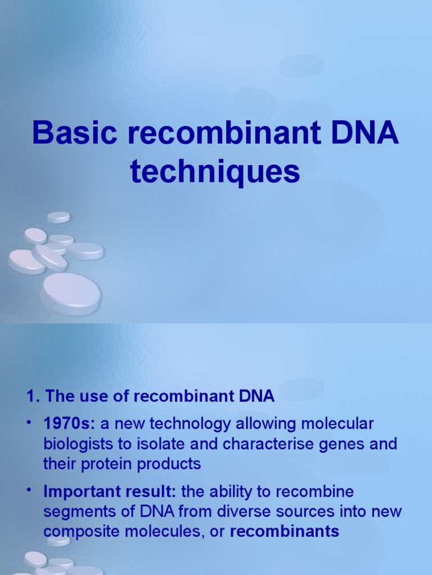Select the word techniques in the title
(x=215, y=172)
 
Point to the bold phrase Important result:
(x=110, y=492)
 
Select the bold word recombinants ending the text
(x=285, y=531)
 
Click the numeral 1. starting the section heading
(x=32, y=396)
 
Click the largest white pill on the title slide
(x=71, y=292)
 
